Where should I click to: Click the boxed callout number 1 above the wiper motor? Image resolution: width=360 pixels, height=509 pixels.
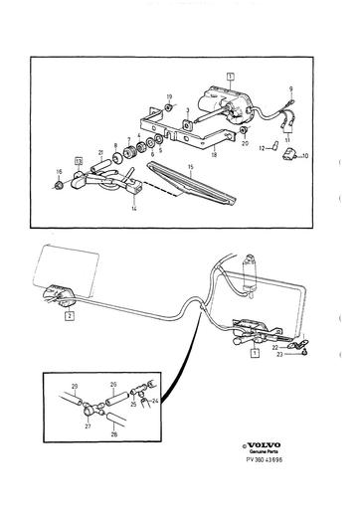[x=230, y=76]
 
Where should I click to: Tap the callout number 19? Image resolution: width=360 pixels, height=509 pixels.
[x=169, y=95]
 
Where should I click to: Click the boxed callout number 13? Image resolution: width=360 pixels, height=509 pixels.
[x=79, y=159]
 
